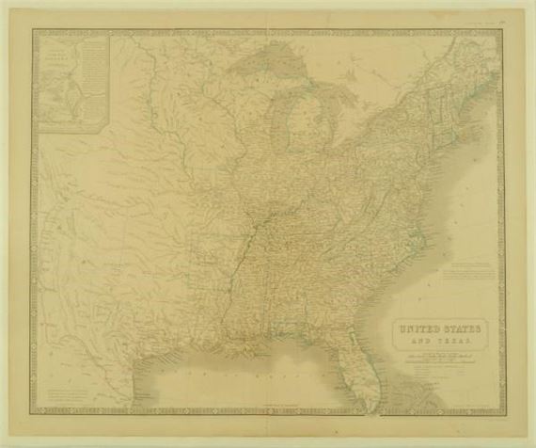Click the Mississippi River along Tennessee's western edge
pos(246,247)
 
